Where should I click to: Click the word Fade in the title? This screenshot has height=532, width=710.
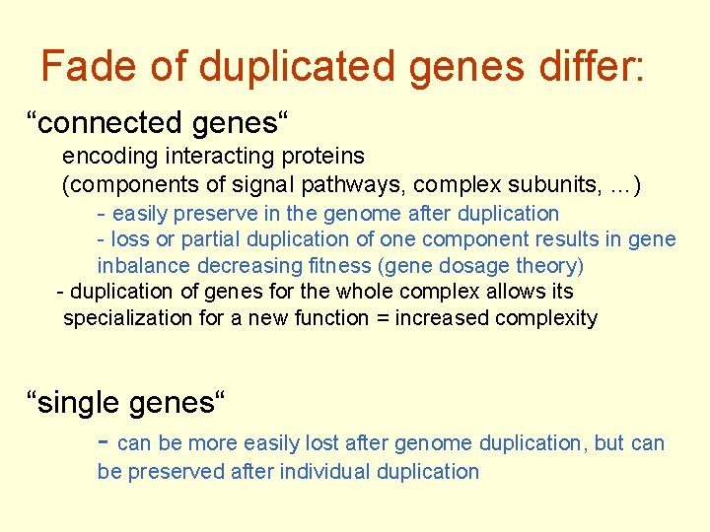click(x=90, y=67)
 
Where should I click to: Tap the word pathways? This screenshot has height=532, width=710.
click(x=376, y=183)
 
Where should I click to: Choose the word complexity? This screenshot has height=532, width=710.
click(x=546, y=318)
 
